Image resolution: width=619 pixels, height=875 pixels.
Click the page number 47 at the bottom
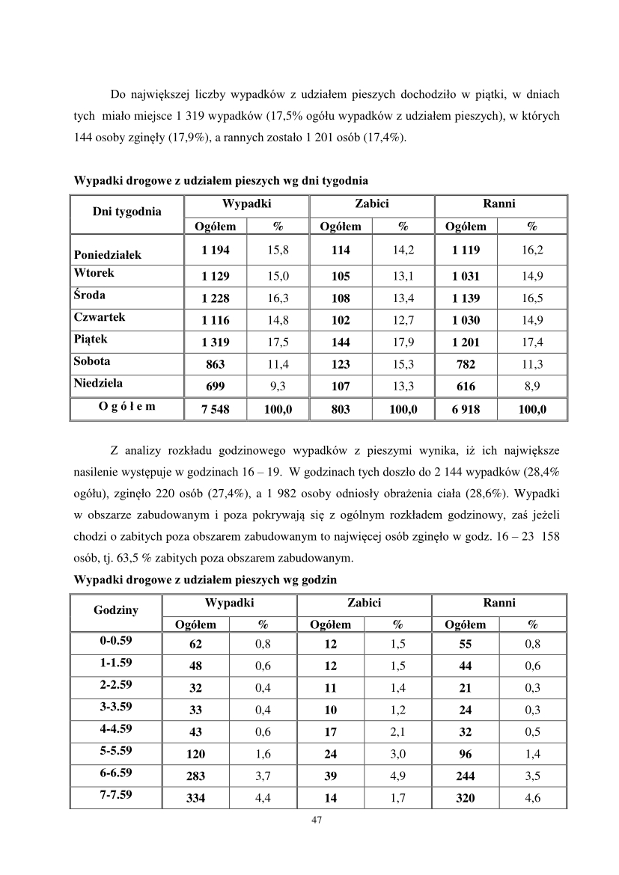(x=315, y=820)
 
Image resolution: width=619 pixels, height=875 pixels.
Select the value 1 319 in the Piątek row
(x=216, y=343)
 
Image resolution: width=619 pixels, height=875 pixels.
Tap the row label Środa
(x=90, y=295)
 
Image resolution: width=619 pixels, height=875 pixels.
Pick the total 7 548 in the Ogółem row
(x=216, y=409)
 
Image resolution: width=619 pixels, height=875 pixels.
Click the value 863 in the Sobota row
(x=216, y=365)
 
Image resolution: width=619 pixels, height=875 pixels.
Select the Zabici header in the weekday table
(x=371, y=203)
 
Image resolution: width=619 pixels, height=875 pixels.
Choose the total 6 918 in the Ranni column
(x=466, y=409)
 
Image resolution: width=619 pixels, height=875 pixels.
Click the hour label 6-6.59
(x=116, y=752)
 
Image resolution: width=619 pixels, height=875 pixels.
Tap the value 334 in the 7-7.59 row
(x=195, y=799)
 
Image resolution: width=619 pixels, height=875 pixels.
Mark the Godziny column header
(x=115, y=610)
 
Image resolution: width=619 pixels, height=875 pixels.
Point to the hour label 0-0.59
(x=116, y=642)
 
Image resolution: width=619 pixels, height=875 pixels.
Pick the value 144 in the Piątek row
(x=341, y=343)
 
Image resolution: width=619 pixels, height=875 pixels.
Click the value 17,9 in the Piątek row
(x=403, y=343)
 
